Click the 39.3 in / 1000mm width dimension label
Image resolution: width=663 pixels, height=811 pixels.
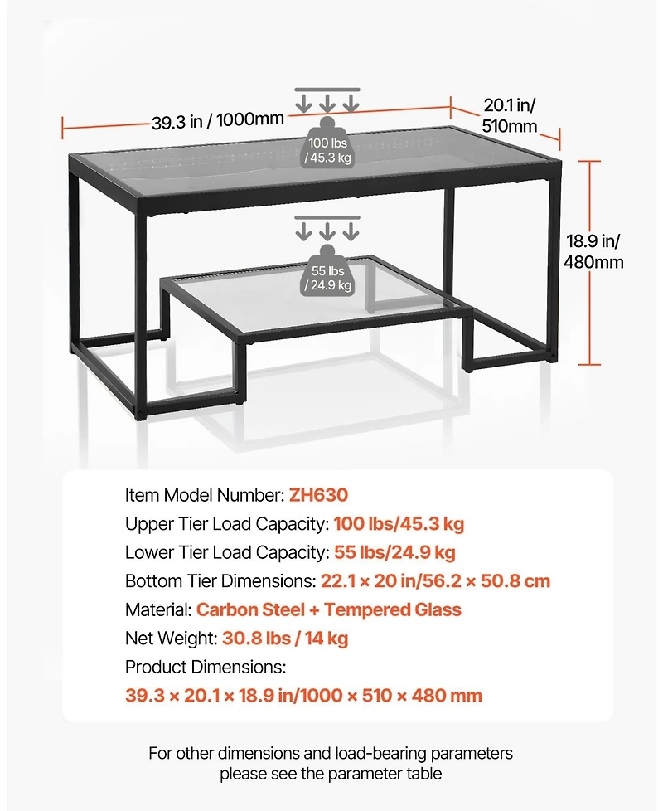218,120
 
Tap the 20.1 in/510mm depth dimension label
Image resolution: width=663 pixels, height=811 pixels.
510,115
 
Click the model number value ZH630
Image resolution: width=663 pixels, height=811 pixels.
318,495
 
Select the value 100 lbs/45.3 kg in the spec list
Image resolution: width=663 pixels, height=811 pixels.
399,524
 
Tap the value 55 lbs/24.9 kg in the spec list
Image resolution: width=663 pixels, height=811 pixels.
394,552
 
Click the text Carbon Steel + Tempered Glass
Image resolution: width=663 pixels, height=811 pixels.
329,609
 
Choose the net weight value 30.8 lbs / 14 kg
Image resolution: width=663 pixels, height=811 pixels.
285,638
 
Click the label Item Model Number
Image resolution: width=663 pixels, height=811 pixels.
205,495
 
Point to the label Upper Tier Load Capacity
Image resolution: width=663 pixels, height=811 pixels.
227,524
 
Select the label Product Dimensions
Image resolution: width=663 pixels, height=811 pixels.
206,667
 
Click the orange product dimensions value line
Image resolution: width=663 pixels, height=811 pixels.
303,695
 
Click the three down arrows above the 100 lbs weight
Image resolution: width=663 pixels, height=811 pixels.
328,100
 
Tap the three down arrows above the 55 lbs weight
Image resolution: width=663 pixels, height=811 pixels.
328,227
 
